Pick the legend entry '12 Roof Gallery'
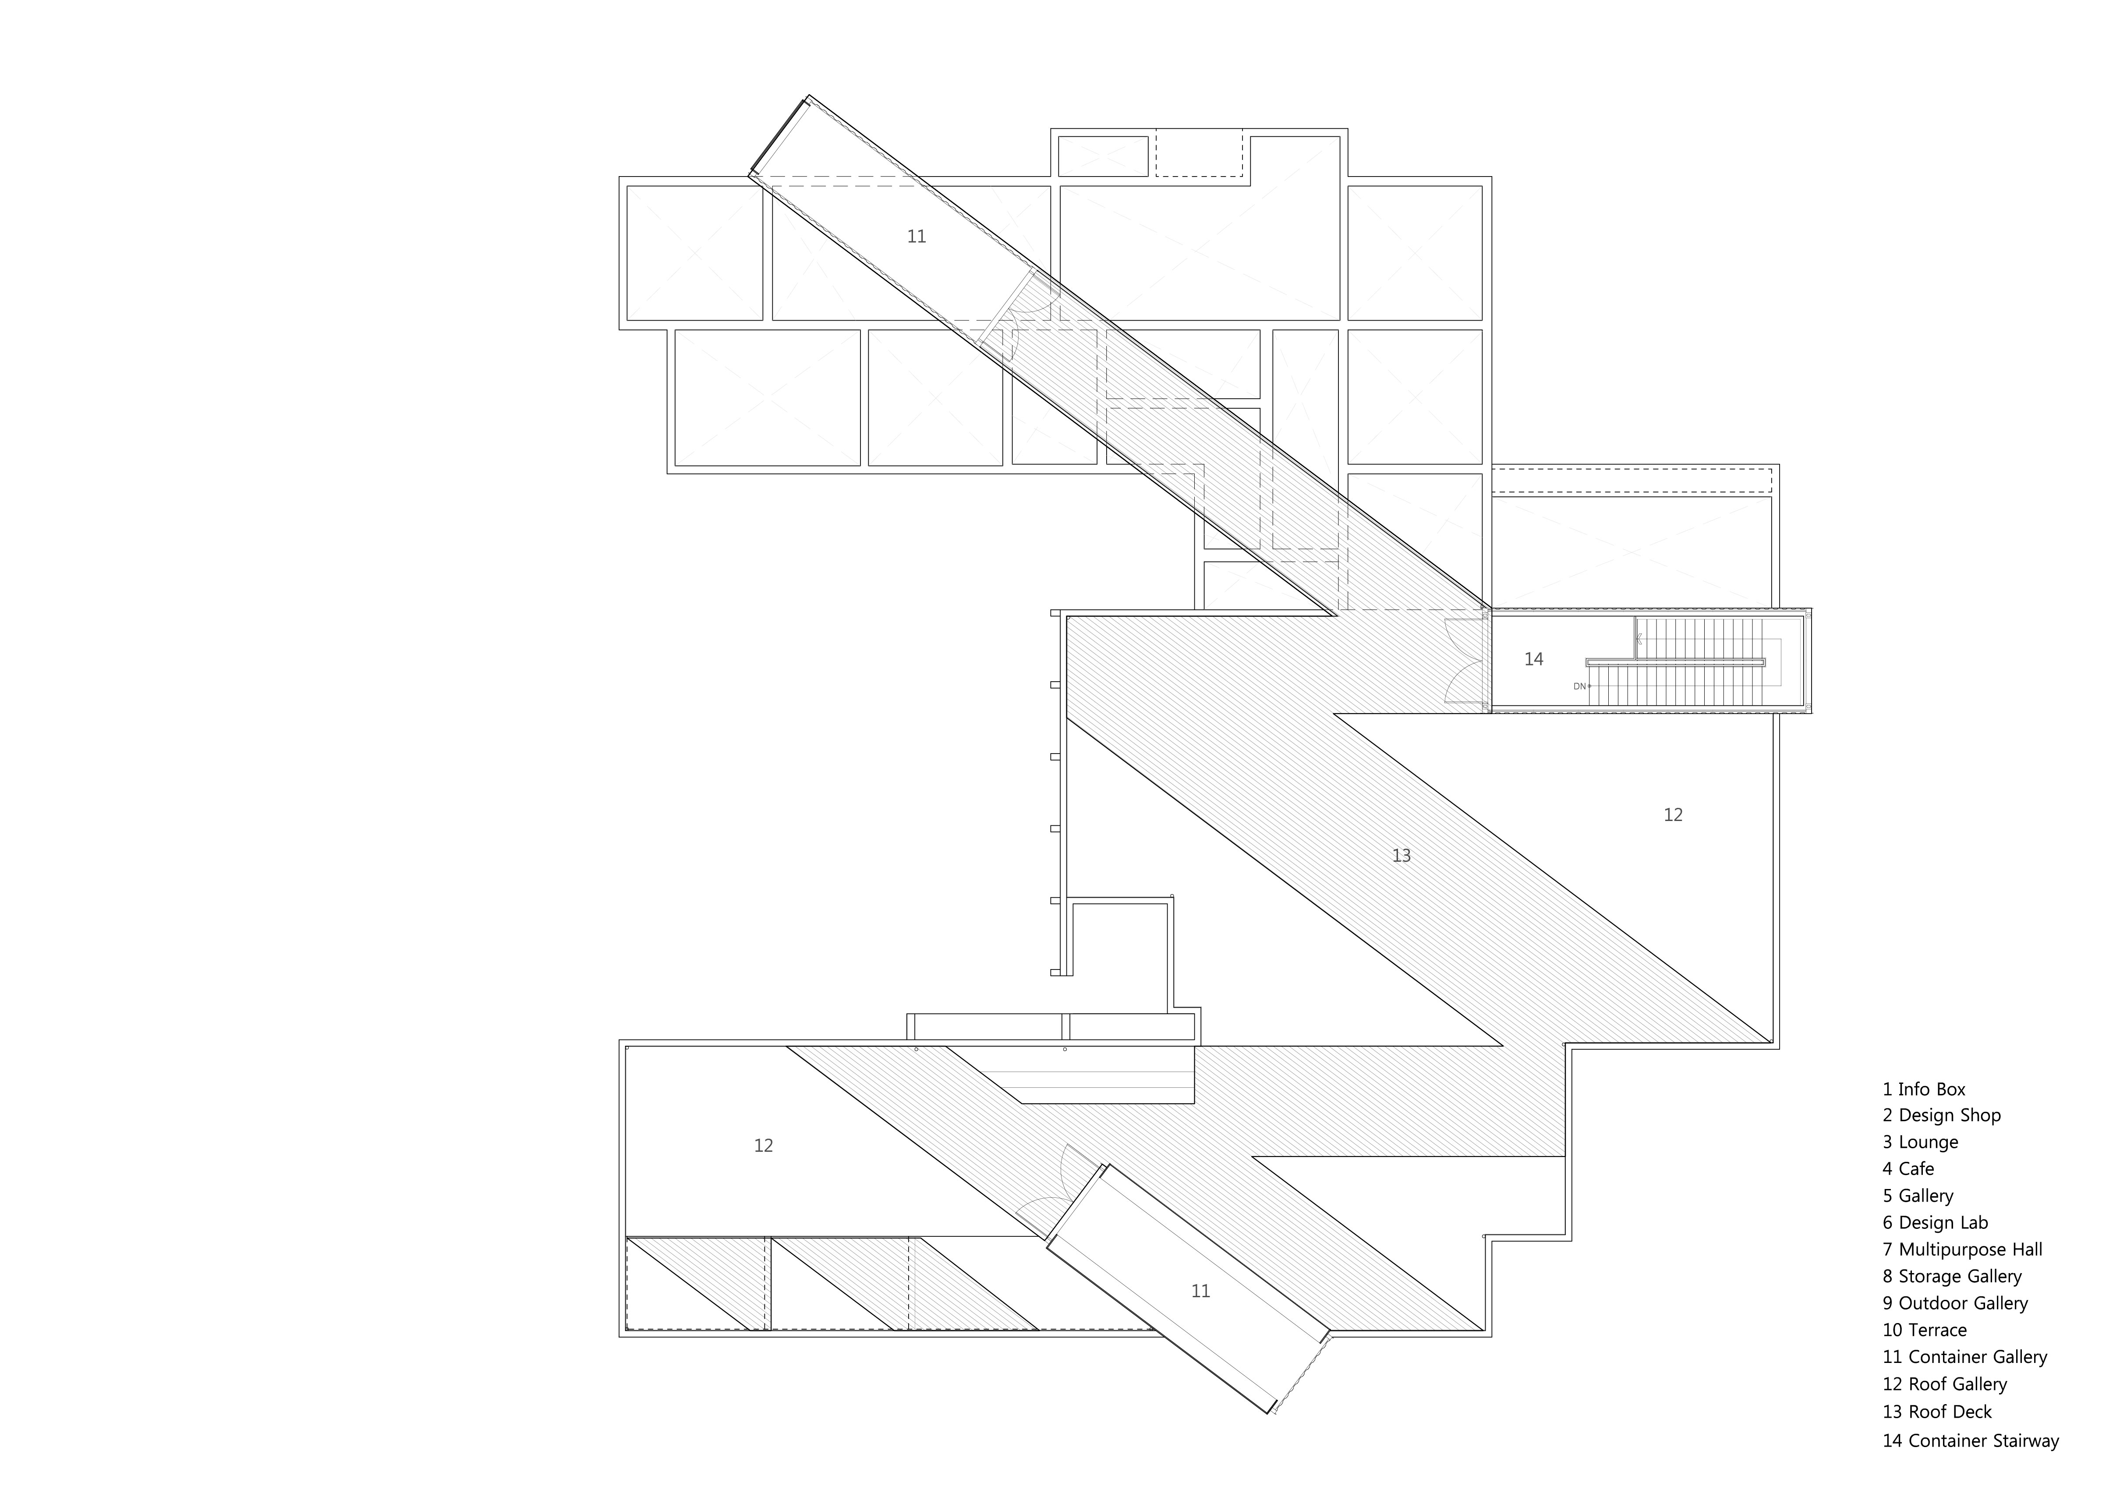tap(1944, 1384)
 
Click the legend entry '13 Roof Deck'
tap(1937, 1412)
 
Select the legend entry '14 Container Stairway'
tap(1971, 1440)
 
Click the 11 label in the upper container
tap(916, 236)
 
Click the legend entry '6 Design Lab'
tap(1935, 1222)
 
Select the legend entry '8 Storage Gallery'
tap(1952, 1276)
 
